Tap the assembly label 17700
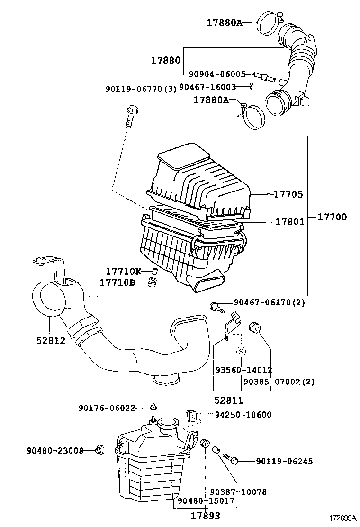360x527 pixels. [332, 218]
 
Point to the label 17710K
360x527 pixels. [123, 271]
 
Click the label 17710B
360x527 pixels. [117, 282]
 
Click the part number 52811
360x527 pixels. [229, 401]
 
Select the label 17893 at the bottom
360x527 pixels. [206, 516]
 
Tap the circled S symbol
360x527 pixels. [241, 351]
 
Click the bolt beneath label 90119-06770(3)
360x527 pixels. [131, 117]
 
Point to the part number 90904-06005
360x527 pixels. [217, 74]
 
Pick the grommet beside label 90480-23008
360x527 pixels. [99, 450]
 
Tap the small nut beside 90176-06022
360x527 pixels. [153, 407]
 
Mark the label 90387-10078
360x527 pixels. [238, 492]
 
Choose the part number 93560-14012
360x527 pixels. [244, 370]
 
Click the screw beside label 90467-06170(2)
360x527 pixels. [217, 307]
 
